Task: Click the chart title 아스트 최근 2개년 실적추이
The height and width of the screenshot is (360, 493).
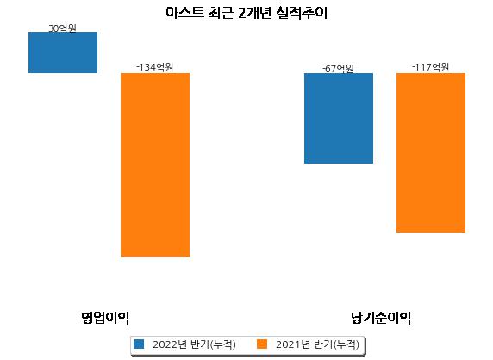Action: point(246,13)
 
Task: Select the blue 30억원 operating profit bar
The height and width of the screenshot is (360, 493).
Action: point(63,53)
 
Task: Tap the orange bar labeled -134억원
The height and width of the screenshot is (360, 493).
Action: point(155,164)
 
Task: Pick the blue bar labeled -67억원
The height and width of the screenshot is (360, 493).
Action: point(339,119)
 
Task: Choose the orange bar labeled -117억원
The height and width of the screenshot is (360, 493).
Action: point(431,153)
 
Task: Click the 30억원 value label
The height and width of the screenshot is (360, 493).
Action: point(62,28)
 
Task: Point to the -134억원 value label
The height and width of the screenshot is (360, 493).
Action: point(154,67)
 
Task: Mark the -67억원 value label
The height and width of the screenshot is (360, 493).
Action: point(339,69)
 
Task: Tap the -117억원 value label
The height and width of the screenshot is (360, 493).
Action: point(430,67)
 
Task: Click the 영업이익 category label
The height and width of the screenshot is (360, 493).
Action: point(105,318)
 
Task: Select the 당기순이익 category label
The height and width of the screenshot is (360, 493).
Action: point(381,318)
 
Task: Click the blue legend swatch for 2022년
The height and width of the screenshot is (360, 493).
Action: point(139,344)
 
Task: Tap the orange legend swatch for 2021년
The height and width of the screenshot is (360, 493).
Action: point(262,344)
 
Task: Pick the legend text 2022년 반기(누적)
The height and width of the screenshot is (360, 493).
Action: point(194,344)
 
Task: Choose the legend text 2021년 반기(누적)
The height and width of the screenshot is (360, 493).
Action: point(317,344)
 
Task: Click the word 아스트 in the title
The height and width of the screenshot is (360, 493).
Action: point(184,13)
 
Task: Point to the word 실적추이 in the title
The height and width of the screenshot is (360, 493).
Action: point(302,13)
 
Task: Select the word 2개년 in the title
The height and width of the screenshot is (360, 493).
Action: point(254,13)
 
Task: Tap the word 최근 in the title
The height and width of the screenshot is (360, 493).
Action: point(221,13)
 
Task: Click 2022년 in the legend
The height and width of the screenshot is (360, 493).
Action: point(170,344)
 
